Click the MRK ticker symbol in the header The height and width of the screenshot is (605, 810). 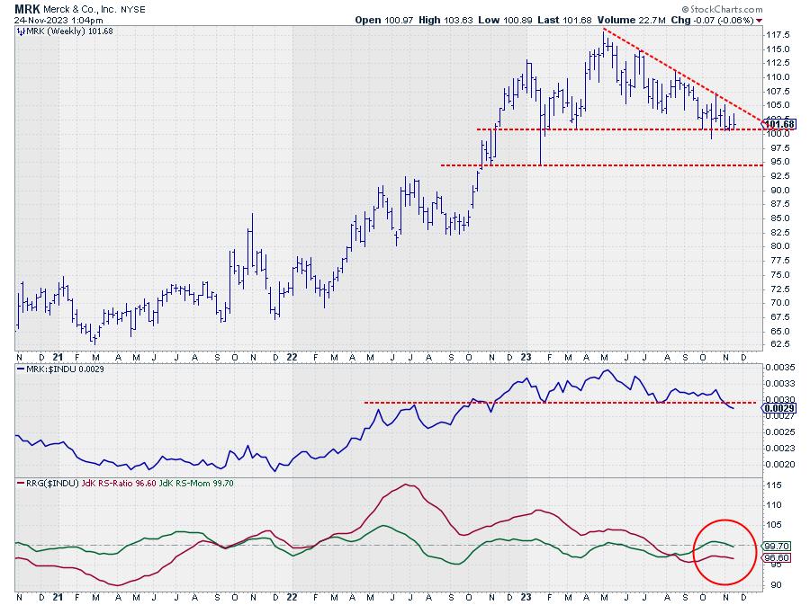pos(27,7)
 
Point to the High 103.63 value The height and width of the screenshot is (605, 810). pos(432,19)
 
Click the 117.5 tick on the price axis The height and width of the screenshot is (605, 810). pos(778,34)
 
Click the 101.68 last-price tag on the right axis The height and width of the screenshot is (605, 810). pos(779,123)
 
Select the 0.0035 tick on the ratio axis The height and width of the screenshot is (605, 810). pos(780,369)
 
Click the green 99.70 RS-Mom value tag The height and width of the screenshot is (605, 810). pos(778,546)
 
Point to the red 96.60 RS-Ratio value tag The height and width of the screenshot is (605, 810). pos(778,558)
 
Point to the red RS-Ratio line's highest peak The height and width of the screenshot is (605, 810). pos(409,485)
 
